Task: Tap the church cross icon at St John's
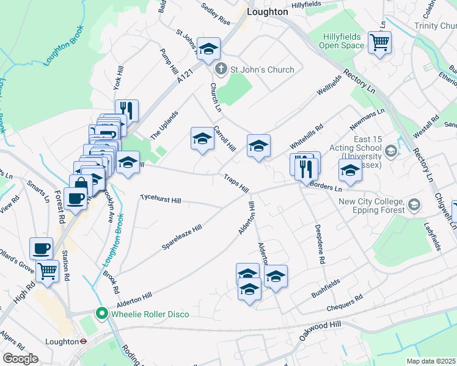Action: pyautogui.click(x=221, y=70)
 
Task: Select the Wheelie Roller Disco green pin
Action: pyautogui.click(x=102, y=314)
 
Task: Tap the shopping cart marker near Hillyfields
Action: pyautogui.click(x=380, y=43)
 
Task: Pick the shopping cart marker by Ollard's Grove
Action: pyautogui.click(x=47, y=270)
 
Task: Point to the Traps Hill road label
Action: pyautogui.click(x=236, y=182)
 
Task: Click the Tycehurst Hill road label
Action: pyautogui.click(x=161, y=199)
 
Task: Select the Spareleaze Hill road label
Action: pyautogui.click(x=181, y=237)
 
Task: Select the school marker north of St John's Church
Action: pyautogui.click(x=208, y=49)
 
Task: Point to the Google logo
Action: pyautogui.click(x=20, y=359)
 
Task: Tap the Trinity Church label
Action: pyautogui.click(x=435, y=26)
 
